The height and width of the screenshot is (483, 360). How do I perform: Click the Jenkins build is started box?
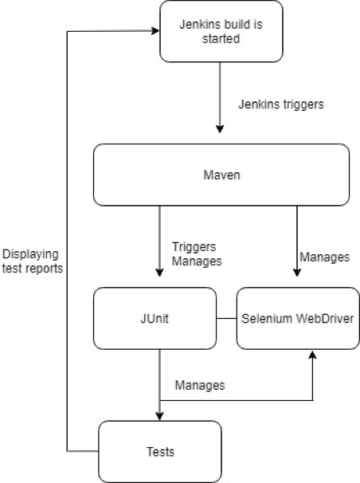[221, 31]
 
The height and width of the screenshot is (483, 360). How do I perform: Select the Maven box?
[221, 175]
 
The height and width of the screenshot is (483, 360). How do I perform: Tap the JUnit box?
[155, 319]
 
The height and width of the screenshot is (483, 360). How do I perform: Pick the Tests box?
[159, 452]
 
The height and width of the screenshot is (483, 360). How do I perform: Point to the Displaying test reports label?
[33, 261]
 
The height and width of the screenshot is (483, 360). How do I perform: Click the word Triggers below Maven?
[194, 247]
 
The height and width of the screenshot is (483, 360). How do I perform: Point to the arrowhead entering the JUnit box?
[159, 273]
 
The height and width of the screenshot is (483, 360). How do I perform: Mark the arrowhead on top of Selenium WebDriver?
[297, 273]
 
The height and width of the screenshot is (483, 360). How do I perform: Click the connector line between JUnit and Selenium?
[226, 319]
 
